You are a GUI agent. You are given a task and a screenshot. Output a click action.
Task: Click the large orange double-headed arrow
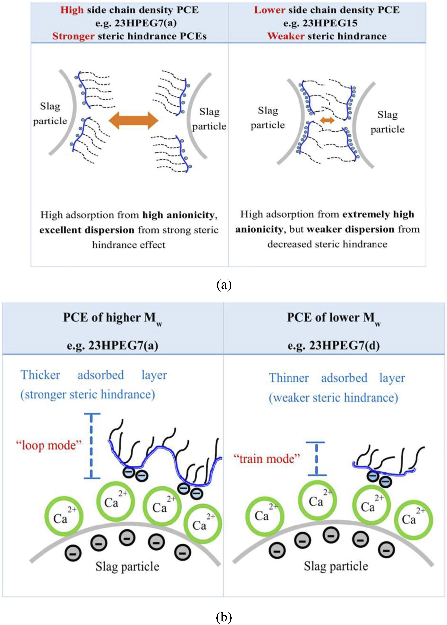pyautogui.click(x=133, y=120)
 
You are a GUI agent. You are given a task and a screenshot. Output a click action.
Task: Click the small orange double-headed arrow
pyautogui.click(x=327, y=120)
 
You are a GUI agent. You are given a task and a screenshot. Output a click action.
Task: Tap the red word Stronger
pyautogui.click(x=73, y=36)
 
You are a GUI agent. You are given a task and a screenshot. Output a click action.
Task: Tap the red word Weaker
pyautogui.click(x=286, y=36)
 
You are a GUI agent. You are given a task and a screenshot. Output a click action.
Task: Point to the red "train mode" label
pyautogui.click(x=266, y=459)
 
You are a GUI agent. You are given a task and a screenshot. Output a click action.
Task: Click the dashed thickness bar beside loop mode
pyautogui.click(x=92, y=446)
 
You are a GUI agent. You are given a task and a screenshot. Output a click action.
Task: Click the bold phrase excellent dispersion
pyautogui.click(x=87, y=230)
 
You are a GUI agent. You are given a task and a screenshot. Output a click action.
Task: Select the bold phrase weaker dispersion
pyautogui.click(x=350, y=229)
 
